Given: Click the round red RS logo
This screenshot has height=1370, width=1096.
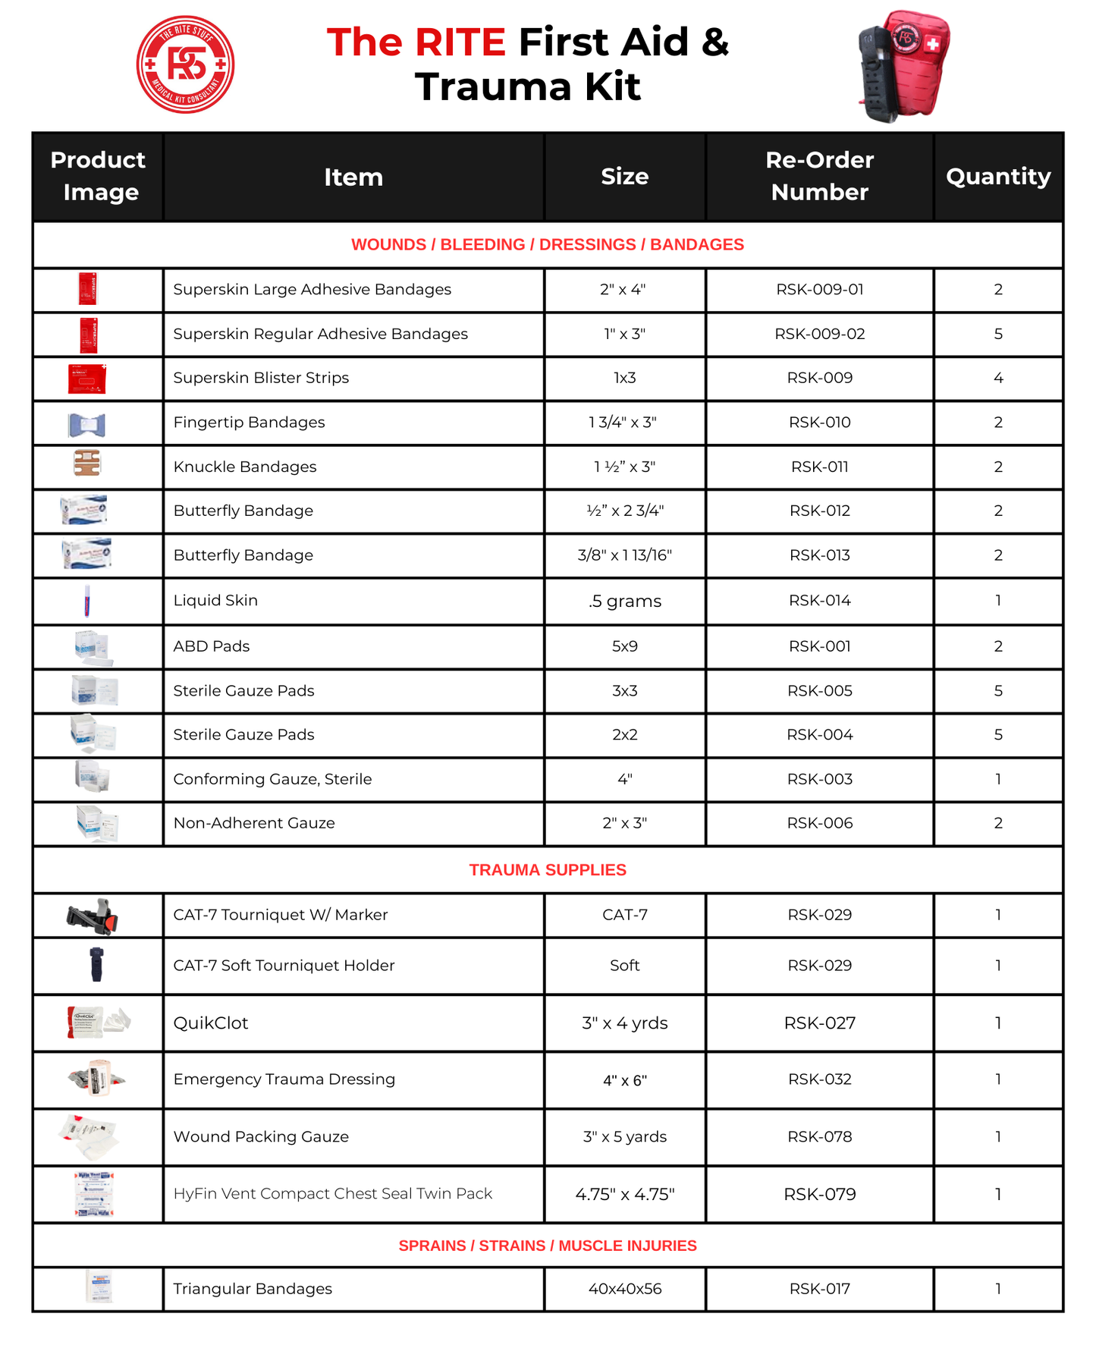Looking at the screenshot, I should tap(185, 64).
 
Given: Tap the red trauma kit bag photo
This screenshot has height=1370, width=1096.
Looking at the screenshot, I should tap(904, 66).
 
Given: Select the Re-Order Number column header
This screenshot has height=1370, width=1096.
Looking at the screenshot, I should tap(819, 176).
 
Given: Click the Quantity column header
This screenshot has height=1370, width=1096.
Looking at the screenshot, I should tap(997, 176).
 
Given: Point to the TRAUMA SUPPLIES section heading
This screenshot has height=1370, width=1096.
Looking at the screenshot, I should tap(548, 870).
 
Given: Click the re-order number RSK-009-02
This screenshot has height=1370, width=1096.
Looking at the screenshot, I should tap(819, 334).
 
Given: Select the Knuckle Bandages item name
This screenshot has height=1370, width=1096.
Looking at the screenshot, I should tap(245, 467).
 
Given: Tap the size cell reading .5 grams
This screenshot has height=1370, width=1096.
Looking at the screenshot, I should tap(624, 601).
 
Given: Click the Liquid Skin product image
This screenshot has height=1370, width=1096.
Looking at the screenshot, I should tap(88, 602).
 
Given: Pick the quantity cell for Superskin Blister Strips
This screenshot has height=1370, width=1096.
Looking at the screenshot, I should tap(997, 378).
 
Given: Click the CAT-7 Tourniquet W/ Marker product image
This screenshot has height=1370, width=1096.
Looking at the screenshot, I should tap(93, 916).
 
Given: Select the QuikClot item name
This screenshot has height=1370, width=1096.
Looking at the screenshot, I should tap(211, 1023).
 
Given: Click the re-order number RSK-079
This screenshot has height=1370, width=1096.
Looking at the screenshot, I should tap(819, 1194).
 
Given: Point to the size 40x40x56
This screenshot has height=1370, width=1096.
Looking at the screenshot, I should tap(624, 1289).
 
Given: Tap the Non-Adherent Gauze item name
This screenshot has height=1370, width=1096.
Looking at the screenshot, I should tap(254, 823).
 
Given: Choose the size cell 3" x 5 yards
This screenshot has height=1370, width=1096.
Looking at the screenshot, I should tap(624, 1136).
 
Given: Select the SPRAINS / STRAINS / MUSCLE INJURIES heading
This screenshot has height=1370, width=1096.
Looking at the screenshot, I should tap(548, 1246).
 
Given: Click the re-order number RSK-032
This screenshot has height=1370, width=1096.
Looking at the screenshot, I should tap(819, 1079).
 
